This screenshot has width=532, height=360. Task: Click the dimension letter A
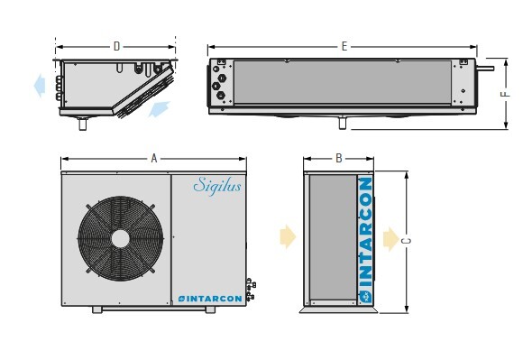tap(154, 159)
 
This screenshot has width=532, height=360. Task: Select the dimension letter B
tap(339, 159)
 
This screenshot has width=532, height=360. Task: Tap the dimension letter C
tap(407, 241)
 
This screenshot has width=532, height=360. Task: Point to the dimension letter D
tap(116, 46)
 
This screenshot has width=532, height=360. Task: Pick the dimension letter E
tap(344, 46)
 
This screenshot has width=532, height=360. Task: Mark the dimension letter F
tap(507, 94)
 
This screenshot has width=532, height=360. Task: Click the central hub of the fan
tap(120, 237)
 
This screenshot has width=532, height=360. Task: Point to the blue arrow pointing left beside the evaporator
tap(39, 86)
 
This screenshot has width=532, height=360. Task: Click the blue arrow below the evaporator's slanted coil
tap(159, 110)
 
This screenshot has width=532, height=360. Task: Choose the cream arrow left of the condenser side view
tap(288, 237)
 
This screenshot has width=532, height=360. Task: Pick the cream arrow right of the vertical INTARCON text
tap(390, 238)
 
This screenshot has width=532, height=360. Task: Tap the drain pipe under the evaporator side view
tap(83, 125)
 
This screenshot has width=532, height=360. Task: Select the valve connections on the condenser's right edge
tap(250, 289)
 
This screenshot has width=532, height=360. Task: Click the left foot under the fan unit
tap(97, 309)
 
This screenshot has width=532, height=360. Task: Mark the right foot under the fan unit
tap(210, 309)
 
